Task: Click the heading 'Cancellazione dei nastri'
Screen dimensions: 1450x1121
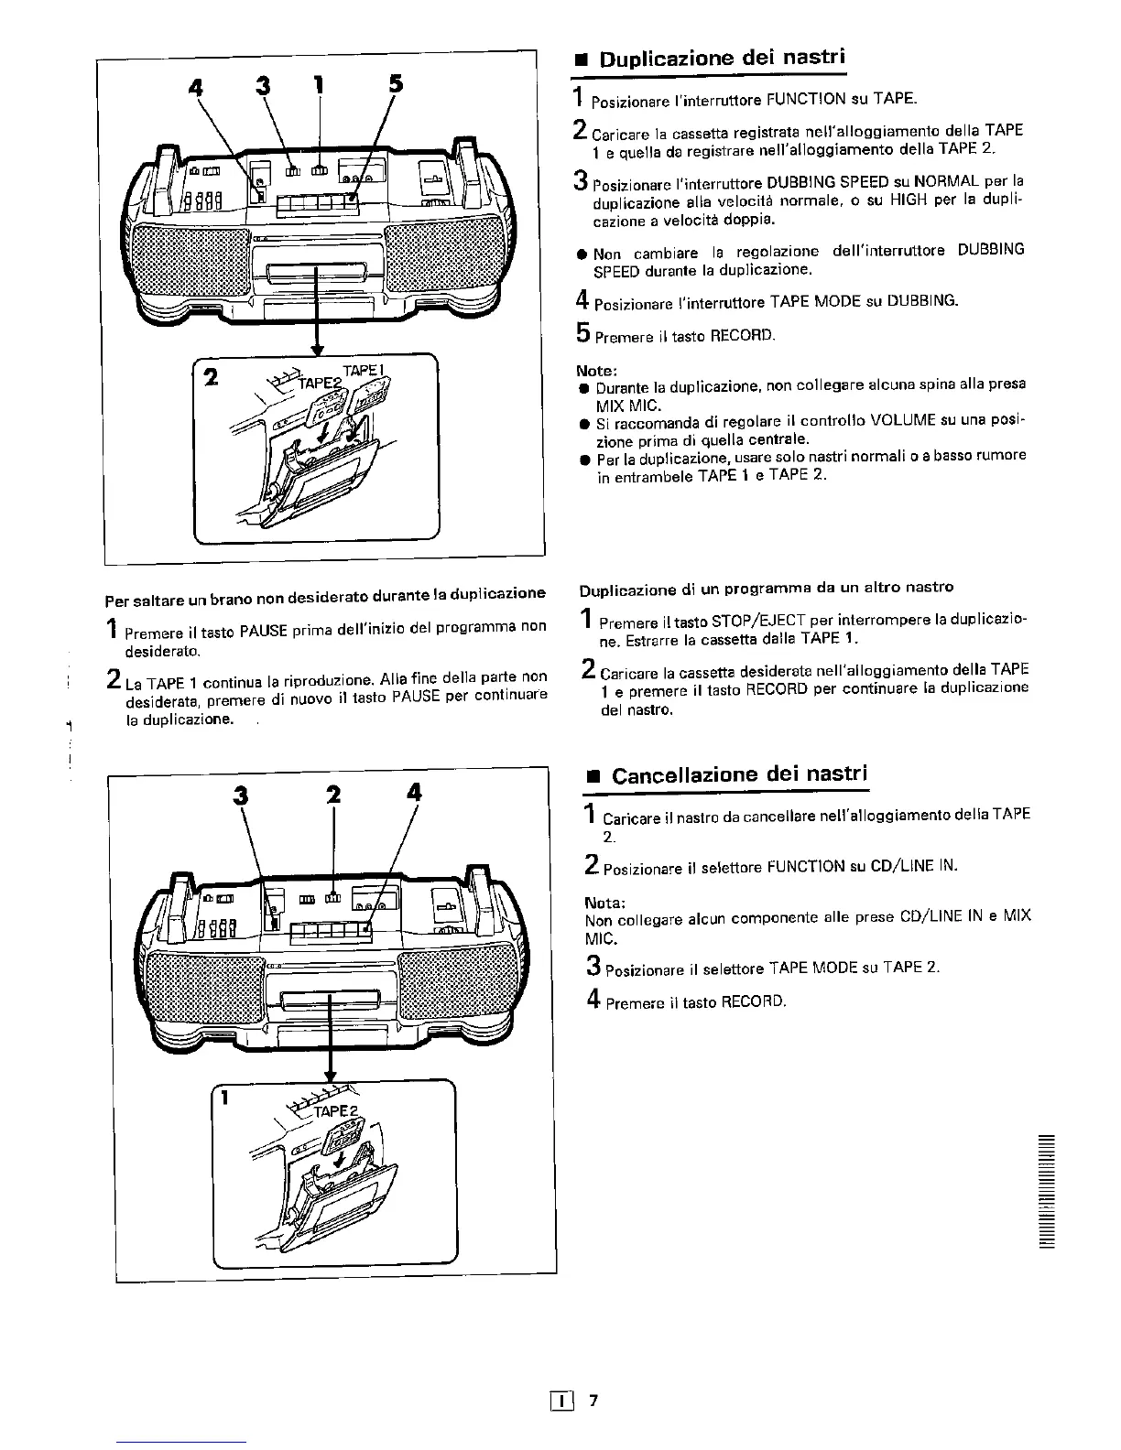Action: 739,775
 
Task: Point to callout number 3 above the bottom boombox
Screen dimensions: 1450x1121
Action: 241,795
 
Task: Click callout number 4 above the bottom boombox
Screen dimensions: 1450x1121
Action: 414,793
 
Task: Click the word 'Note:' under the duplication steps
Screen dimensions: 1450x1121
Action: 597,371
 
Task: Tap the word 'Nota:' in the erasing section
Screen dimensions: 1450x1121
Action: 604,902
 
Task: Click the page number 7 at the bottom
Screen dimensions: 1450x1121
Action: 593,1401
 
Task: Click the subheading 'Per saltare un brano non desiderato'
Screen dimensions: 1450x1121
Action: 325,595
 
